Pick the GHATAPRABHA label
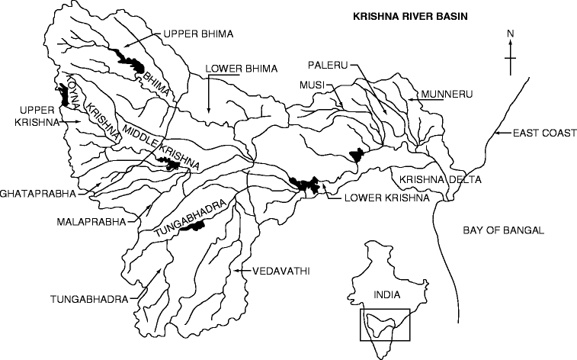(38, 194)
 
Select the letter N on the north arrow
(511, 33)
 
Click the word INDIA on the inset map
(386, 294)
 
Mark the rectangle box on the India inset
(385, 325)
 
